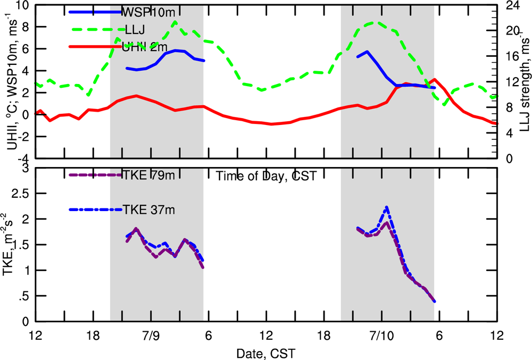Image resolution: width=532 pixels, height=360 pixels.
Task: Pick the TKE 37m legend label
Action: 148,210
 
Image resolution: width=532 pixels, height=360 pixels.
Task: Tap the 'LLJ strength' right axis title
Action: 523,79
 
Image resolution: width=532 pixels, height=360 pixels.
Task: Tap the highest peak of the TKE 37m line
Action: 387,207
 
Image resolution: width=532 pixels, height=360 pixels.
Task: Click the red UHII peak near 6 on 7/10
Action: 435,79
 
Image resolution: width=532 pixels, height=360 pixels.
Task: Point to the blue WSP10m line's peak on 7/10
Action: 367,52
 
